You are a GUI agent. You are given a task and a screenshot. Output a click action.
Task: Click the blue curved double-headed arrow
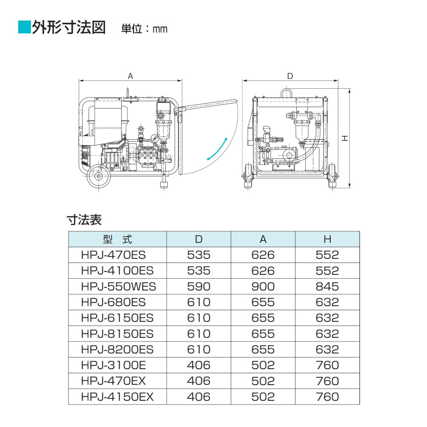[217, 149]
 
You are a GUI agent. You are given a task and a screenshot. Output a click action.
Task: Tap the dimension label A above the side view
[130, 76]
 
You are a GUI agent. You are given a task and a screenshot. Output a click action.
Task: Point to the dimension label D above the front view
[290, 76]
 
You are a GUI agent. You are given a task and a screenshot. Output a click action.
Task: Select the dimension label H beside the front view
[345, 138]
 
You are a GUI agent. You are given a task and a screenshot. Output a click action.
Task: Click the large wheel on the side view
[99, 176]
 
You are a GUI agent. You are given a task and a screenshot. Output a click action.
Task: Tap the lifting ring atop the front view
[286, 94]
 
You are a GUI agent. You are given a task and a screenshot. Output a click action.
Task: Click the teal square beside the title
[24, 27]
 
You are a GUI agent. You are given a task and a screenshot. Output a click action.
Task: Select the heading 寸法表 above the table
[84, 220]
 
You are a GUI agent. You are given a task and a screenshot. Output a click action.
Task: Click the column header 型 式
[117, 239]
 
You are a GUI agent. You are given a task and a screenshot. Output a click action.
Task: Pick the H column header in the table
[327, 239]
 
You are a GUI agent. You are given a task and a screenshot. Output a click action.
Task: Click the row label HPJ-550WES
[118, 286]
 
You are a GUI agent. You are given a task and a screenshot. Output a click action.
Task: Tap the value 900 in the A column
[263, 286]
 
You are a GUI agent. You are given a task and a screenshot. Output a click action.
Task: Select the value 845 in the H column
[327, 286]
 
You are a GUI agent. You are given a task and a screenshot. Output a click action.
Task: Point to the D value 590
[199, 286]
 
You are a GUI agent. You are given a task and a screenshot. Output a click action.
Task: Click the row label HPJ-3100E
[114, 365]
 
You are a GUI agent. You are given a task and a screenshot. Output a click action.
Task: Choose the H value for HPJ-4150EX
[327, 397]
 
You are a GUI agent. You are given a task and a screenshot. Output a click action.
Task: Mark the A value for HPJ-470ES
[263, 255]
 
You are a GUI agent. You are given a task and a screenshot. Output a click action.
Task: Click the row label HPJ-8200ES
[117, 349]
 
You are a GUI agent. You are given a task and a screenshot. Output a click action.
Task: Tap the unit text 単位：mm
[144, 29]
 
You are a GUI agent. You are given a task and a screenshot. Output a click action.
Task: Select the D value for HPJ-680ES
[199, 302]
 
